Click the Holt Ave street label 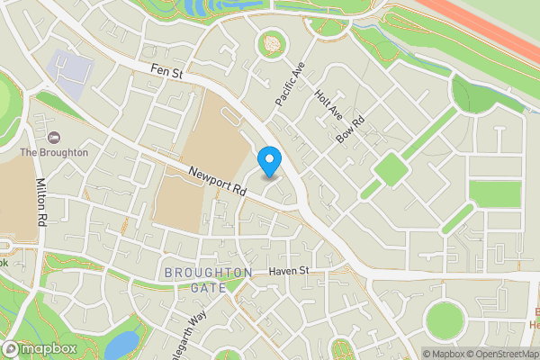[x=328, y=106]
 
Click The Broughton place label [x=54, y=152]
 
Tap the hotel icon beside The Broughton [x=53, y=136]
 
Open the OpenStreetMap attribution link [x=499, y=354]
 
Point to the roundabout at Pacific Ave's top [x=270, y=43]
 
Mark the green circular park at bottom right [x=444, y=319]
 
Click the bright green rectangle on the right [x=495, y=193]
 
